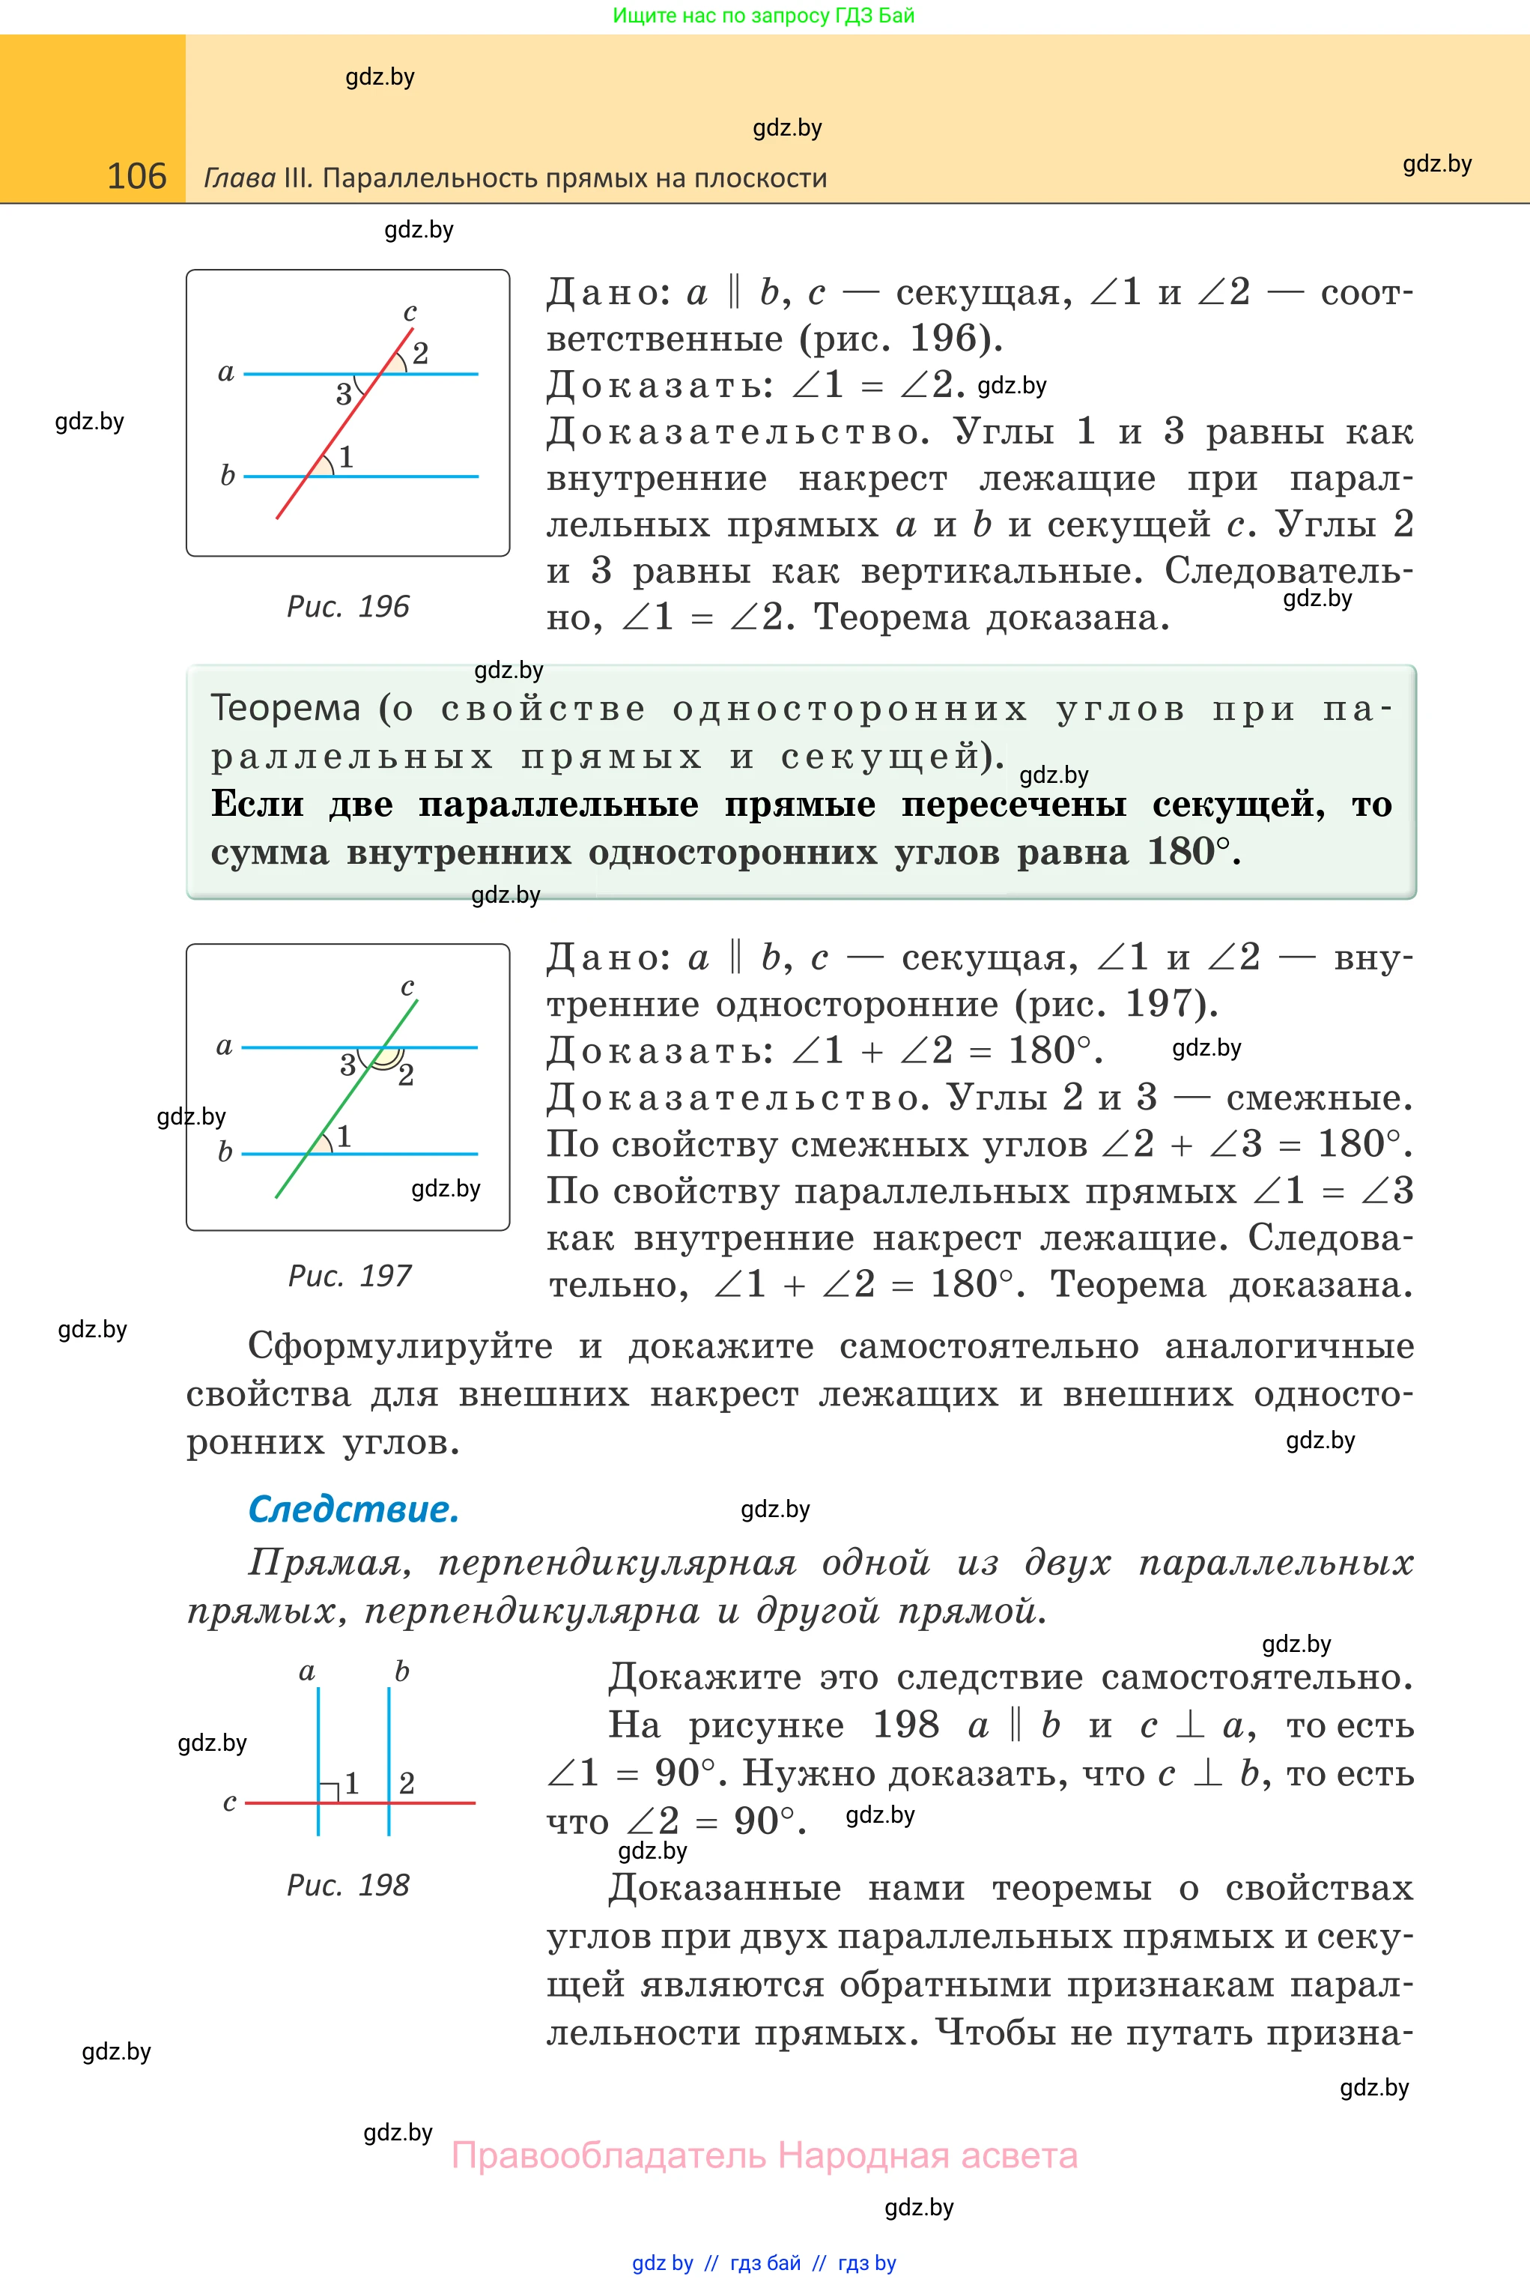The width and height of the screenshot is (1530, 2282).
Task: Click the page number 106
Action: tap(136, 177)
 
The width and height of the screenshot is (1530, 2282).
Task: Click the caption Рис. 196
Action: tap(347, 606)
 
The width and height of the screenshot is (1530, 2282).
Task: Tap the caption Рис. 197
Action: tap(349, 1276)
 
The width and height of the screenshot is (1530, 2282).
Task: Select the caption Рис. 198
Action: tap(347, 1885)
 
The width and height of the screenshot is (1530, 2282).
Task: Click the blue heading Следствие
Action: tap(353, 1509)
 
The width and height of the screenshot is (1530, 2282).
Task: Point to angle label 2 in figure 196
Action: tap(421, 354)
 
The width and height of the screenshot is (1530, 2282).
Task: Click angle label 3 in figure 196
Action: tap(344, 394)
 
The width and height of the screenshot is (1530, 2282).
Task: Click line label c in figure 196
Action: tap(410, 312)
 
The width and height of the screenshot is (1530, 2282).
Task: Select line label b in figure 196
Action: tap(228, 475)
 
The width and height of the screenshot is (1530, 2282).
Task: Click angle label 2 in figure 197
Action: tap(406, 1074)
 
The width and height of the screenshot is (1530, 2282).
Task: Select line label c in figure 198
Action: tap(229, 1802)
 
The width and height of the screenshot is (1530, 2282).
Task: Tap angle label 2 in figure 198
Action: tap(407, 1783)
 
